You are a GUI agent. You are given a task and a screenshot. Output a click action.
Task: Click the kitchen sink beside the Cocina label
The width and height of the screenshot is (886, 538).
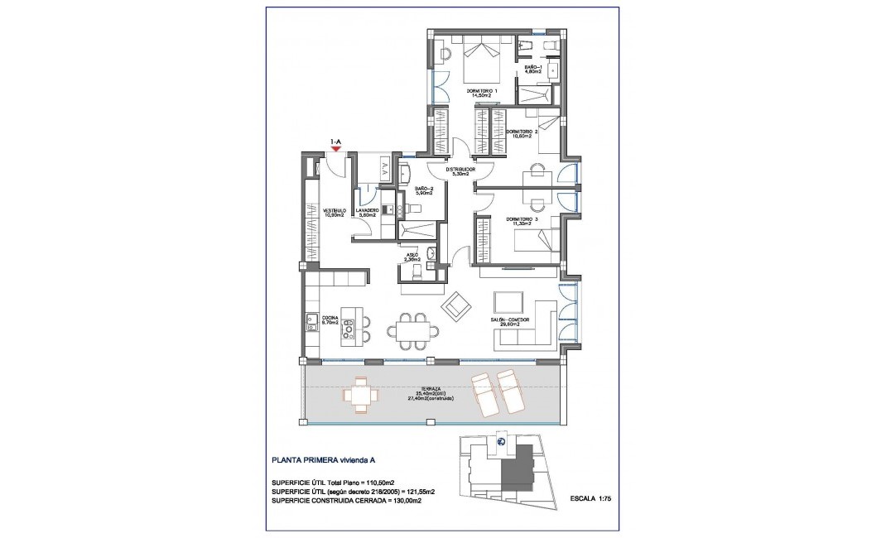click(x=311, y=321)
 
